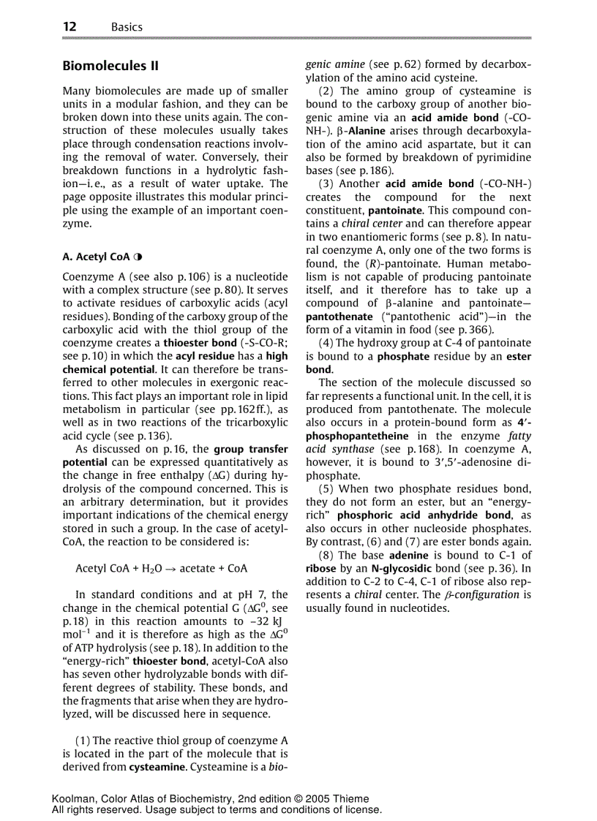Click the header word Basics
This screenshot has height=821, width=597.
(127, 27)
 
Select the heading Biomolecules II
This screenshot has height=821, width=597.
(110, 66)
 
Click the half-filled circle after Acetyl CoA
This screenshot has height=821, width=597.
(138, 257)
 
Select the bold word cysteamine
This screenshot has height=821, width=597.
(159, 767)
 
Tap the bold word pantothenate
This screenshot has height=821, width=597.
(338, 317)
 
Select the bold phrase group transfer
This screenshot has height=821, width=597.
(250, 449)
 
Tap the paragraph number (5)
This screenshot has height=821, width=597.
(327, 488)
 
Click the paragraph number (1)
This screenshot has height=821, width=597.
(83, 740)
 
